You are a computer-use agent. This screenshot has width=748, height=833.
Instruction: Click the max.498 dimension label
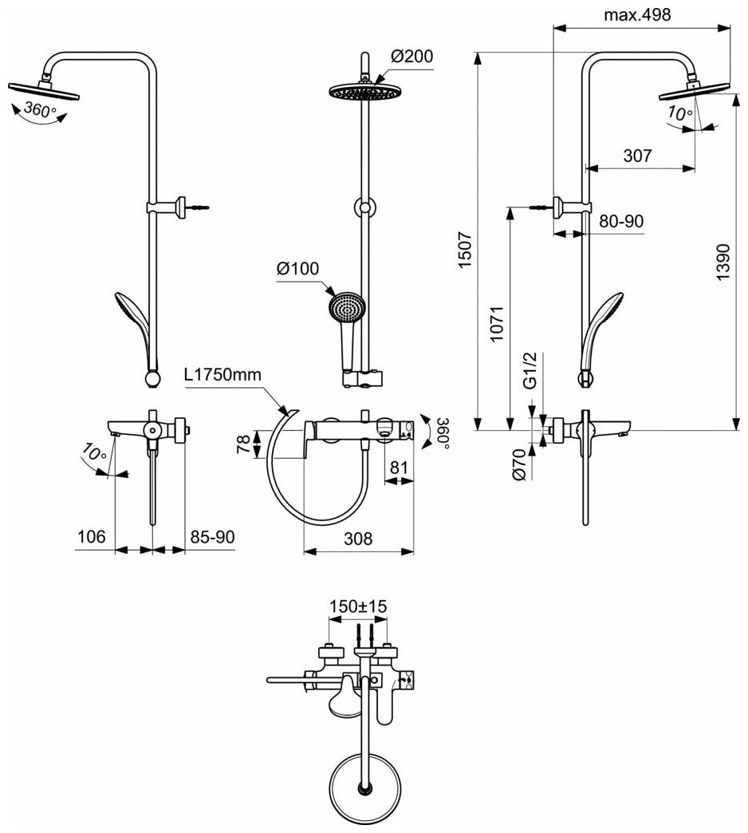(x=637, y=14)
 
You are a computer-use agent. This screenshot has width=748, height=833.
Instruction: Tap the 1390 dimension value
(x=722, y=260)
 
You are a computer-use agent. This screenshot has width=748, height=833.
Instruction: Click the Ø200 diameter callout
(x=411, y=56)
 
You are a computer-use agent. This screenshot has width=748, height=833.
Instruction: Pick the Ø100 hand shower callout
(x=298, y=269)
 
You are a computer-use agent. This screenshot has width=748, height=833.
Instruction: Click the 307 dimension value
(x=638, y=156)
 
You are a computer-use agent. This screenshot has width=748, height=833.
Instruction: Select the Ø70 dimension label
(x=518, y=465)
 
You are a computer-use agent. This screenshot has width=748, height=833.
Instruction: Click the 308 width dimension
(x=357, y=539)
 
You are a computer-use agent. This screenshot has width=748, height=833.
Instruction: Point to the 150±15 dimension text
(x=358, y=606)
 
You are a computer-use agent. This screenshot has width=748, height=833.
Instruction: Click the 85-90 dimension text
(x=212, y=537)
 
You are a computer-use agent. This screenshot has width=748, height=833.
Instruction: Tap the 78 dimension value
(x=244, y=444)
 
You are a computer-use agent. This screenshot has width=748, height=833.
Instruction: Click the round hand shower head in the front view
(x=345, y=309)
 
